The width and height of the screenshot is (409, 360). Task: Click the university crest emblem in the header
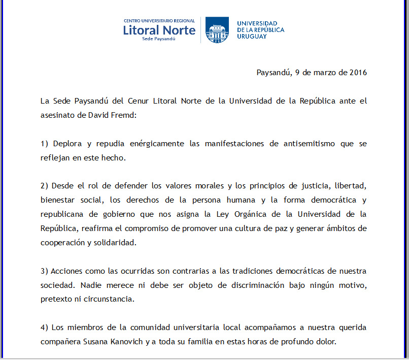[217, 30]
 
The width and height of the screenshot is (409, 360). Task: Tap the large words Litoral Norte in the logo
[159, 30]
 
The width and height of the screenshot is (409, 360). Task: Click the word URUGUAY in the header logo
[252, 37]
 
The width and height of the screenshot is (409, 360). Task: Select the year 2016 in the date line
[358, 72]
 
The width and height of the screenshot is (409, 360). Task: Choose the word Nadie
[91, 285]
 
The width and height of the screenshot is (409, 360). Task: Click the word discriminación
[259, 285]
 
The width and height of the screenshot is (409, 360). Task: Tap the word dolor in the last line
[325, 342]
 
